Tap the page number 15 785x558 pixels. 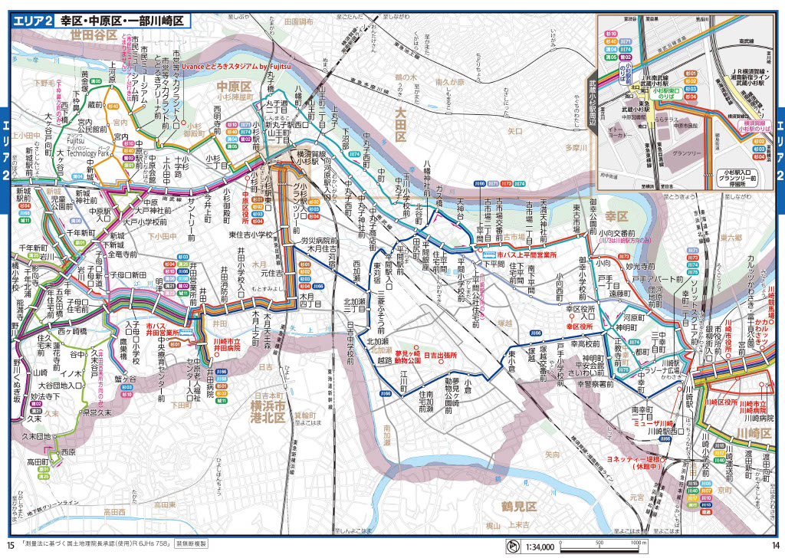point(10,545)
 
